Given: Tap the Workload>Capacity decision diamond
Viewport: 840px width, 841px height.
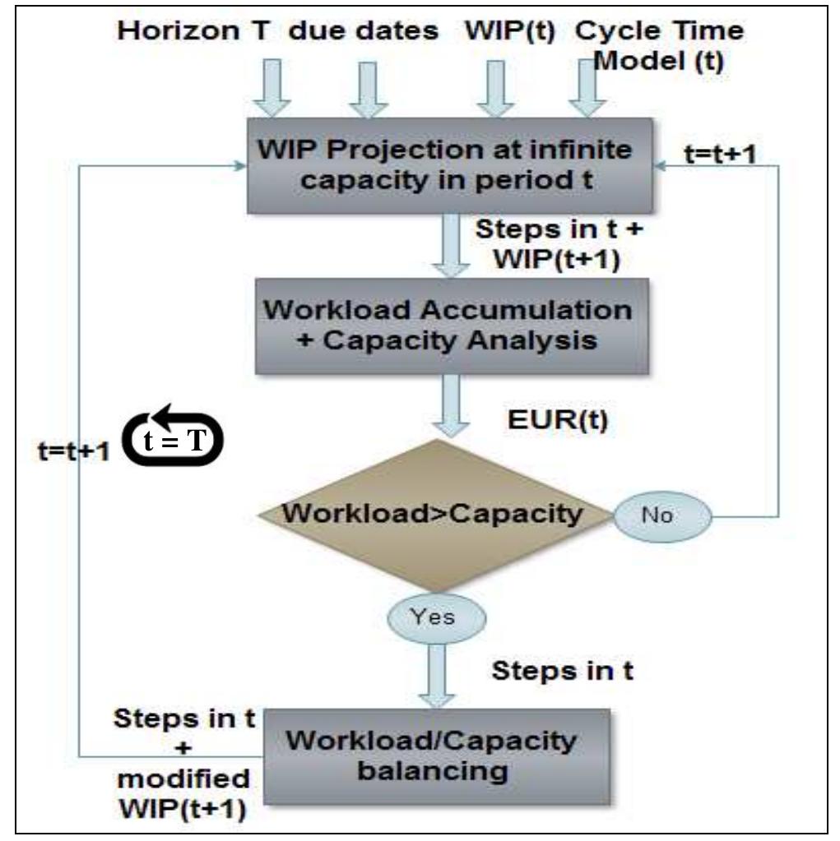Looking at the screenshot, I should tap(434, 516).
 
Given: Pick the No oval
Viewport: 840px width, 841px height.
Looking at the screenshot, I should tap(663, 516).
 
